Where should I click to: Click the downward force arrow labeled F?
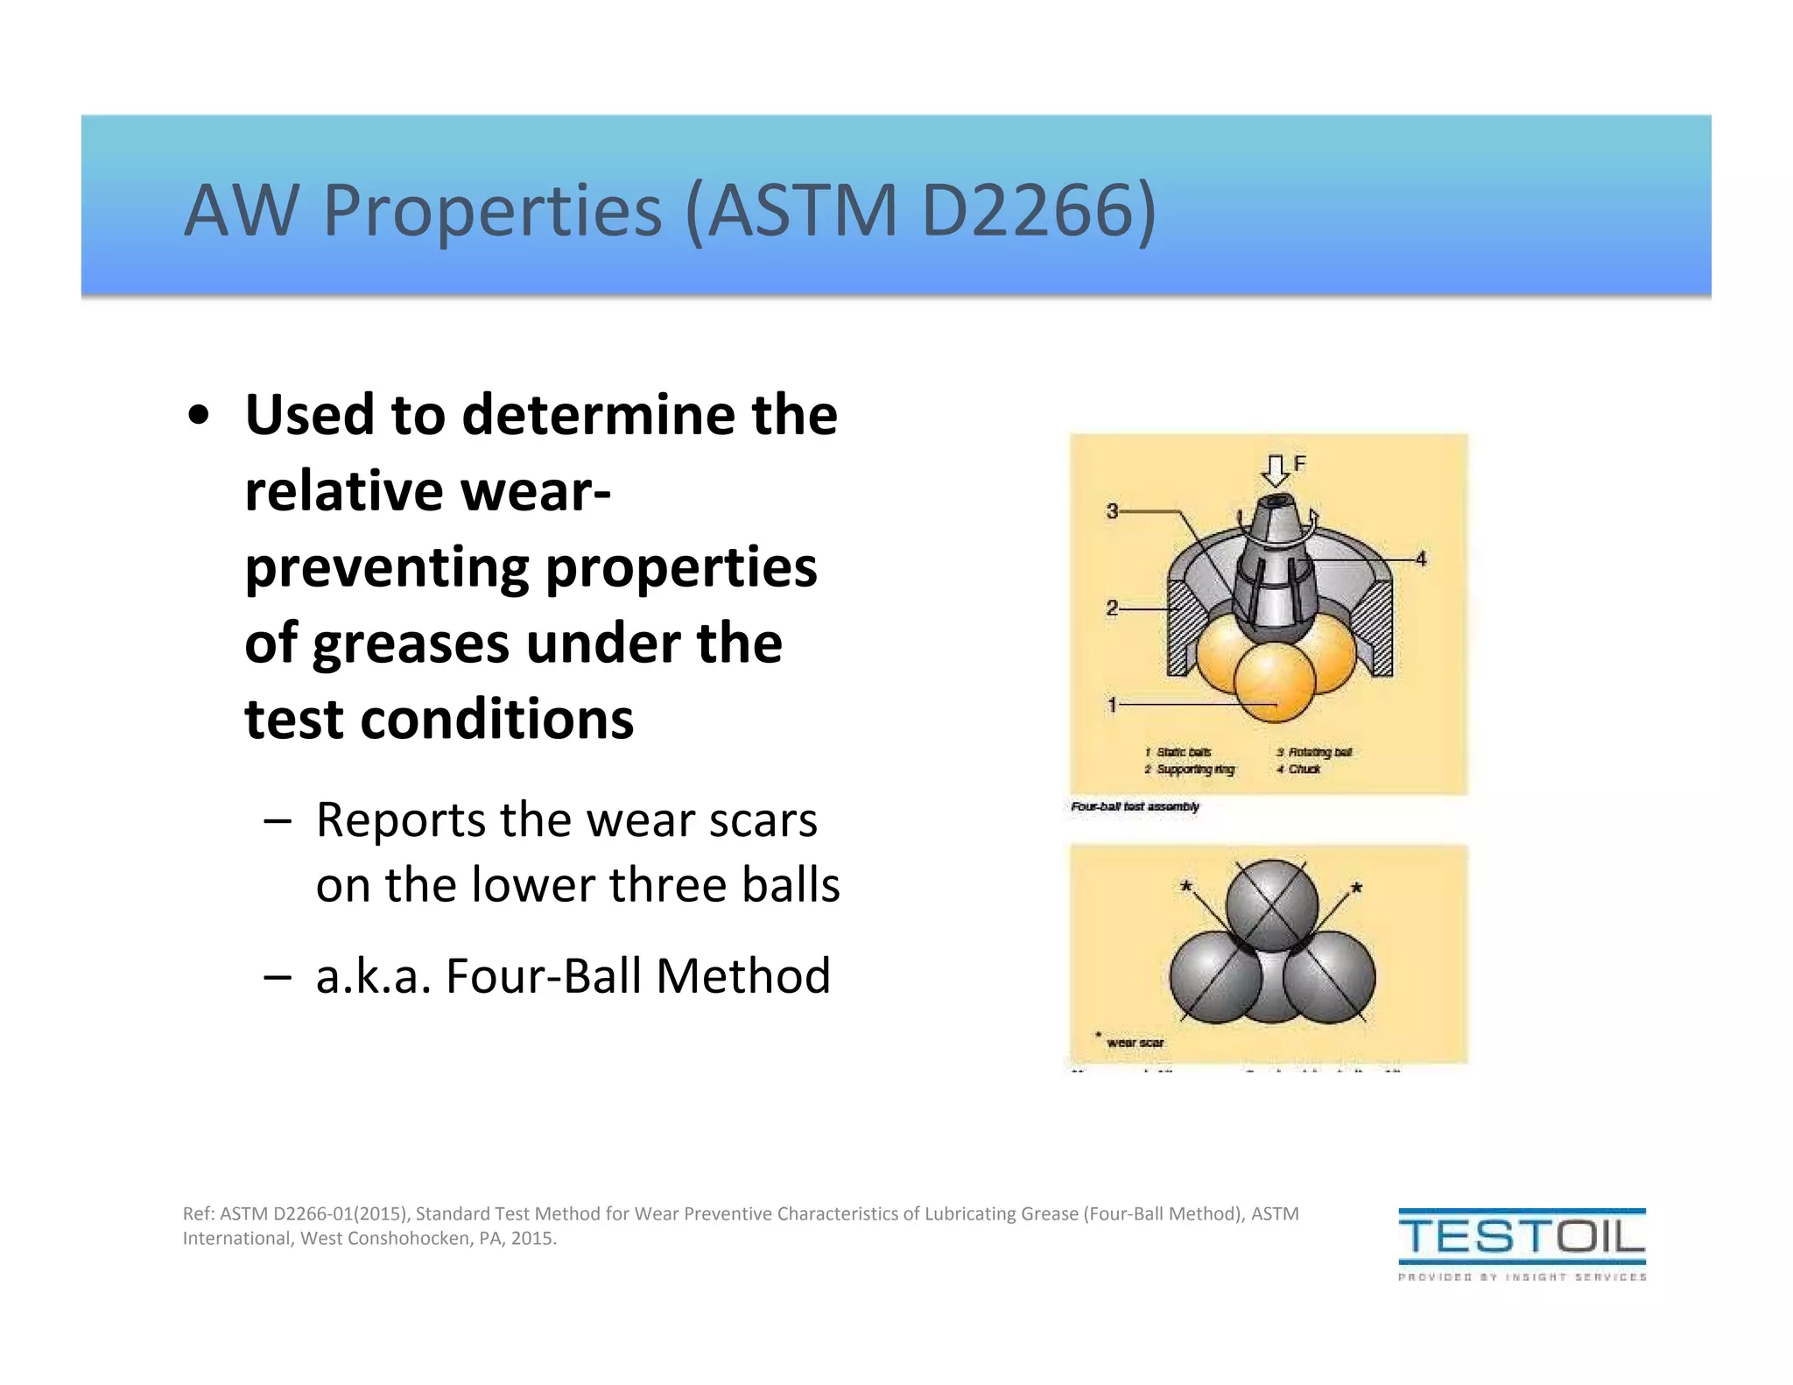click(x=1276, y=470)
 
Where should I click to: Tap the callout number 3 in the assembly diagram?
click(x=1112, y=510)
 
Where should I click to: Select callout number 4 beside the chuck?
click(x=1421, y=559)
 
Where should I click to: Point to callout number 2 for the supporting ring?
click(x=1112, y=608)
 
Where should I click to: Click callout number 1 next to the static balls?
click(x=1112, y=704)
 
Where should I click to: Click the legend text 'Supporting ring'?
click(x=1195, y=770)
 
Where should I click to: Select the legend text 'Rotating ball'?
click(x=1319, y=752)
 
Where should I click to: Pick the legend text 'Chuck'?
click(x=1304, y=770)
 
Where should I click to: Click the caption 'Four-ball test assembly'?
click(x=1135, y=806)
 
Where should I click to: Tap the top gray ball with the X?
click(x=1271, y=906)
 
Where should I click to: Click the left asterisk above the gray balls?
click(x=1186, y=887)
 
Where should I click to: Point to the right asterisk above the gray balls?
click(x=1356, y=888)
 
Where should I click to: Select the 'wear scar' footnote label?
click(x=1135, y=1043)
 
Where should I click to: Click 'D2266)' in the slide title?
click(x=1039, y=210)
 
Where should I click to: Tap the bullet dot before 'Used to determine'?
click(x=200, y=416)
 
